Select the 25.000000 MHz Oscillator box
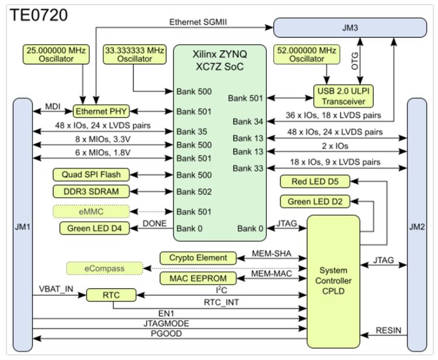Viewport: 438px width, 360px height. coord(55,54)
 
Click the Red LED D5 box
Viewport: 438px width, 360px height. coord(315,182)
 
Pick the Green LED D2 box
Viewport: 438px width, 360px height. coord(315,202)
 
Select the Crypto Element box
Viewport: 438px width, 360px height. coord(199,257)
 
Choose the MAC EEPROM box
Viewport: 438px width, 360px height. coord(199,278)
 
